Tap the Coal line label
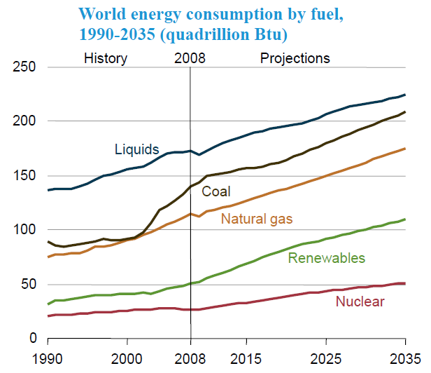point(216,191)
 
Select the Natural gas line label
point(257,219)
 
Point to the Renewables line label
point(327,258)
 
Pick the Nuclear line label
point(360,302)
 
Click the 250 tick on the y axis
point(24,67)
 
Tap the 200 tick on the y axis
point(24,121)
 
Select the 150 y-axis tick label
point(24,176)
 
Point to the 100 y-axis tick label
point(24,230)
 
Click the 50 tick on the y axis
point(27,284)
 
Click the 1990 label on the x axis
point(48,358)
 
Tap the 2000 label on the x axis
point(127,358)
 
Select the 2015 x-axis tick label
point(246,358)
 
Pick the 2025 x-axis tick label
point(326,358)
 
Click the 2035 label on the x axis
point(405,358)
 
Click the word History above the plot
point(106,58)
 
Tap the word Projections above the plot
point(295,58)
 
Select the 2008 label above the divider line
point(189,58)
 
